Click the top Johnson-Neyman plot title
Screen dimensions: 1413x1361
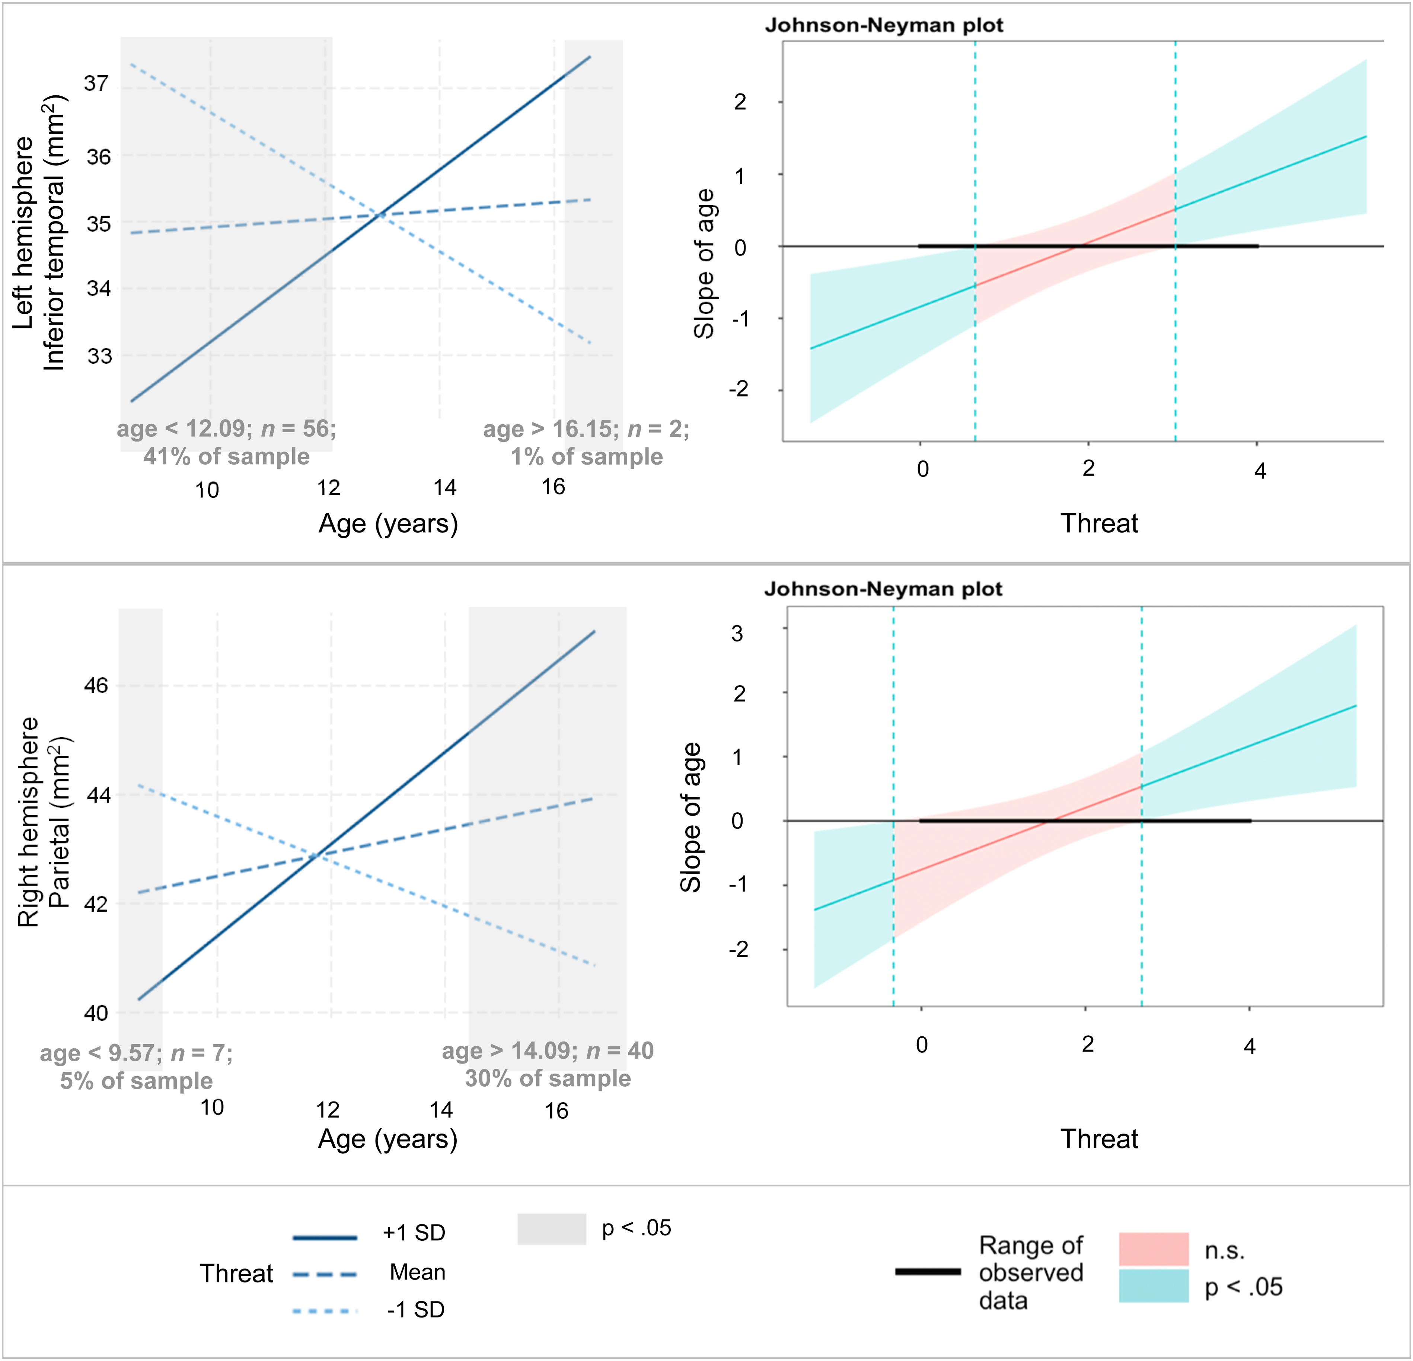coord(884,25)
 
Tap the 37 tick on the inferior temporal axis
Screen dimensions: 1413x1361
coord(97,84)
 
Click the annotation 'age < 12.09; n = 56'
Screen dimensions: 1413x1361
coord(226,429)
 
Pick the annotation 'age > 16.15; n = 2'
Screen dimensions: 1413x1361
coord(586,429)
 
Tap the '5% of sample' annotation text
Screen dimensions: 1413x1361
coord(136,1081)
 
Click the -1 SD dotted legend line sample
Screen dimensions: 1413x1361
coord(325,1310)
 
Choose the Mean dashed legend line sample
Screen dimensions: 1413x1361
coord(325,1275)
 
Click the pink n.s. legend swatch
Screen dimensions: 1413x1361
coord(1154,1249)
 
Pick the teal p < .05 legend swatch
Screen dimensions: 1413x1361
coord(1154,1286)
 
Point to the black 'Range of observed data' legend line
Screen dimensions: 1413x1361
coord(928,1272)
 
